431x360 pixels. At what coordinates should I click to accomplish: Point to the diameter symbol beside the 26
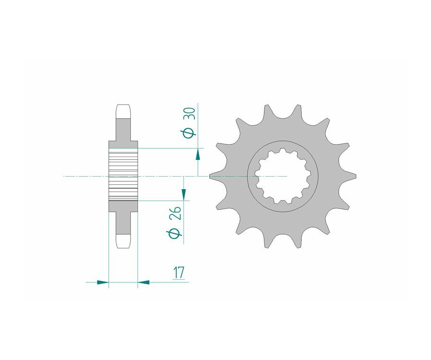[x=174, y=234]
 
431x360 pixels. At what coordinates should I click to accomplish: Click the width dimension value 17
[x=179, y=272]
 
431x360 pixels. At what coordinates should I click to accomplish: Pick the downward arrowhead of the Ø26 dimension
[x=183, y=194]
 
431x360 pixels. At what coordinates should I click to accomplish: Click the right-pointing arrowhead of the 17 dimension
[x=103, y=282]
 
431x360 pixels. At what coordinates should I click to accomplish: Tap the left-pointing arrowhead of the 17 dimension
[x=143, y=282]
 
